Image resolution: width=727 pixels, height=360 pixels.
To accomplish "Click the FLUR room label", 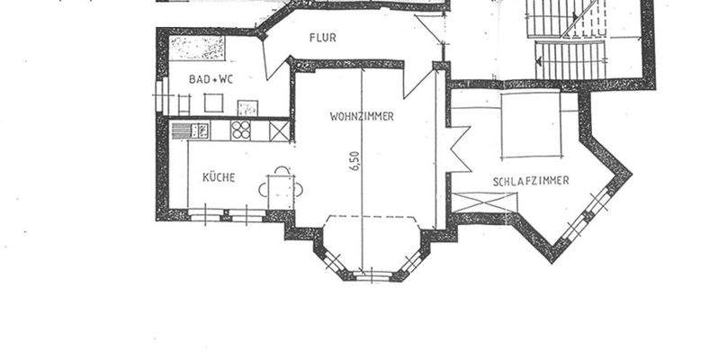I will tap(322, 39).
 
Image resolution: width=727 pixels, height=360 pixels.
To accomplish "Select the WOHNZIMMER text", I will tap(362, 116).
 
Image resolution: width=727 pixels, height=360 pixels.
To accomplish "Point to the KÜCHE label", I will tap(219, 177).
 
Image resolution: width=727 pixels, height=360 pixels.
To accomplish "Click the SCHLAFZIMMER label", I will tap(531, 181).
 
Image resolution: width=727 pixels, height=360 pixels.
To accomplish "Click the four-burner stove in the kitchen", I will tap(241, 130).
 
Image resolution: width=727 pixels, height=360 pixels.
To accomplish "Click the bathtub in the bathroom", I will tap(197, 48).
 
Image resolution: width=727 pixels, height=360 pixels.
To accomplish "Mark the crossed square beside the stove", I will tap(280, 130).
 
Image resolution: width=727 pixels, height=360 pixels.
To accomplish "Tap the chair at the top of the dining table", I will tap(282, 169).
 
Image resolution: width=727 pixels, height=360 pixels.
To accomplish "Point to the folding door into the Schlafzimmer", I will tap(457, 149).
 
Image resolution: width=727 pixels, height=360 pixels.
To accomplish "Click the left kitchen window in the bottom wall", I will tap(206, 214).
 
